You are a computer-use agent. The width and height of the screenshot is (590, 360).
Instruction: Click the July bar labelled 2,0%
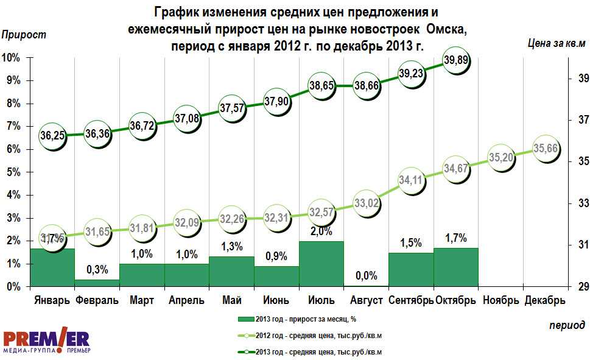point(321,263)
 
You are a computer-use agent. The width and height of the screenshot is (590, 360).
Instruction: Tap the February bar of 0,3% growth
point(96,283)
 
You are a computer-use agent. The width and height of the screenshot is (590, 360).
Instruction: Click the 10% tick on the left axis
point(12,58)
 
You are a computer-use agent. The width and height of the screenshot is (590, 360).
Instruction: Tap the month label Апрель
point(186,300)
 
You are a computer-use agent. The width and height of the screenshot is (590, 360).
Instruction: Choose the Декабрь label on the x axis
point(546,300)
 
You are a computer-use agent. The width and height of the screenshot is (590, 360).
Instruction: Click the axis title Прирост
point(24,35)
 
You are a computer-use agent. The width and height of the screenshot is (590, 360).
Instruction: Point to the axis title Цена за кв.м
point(555,43)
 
